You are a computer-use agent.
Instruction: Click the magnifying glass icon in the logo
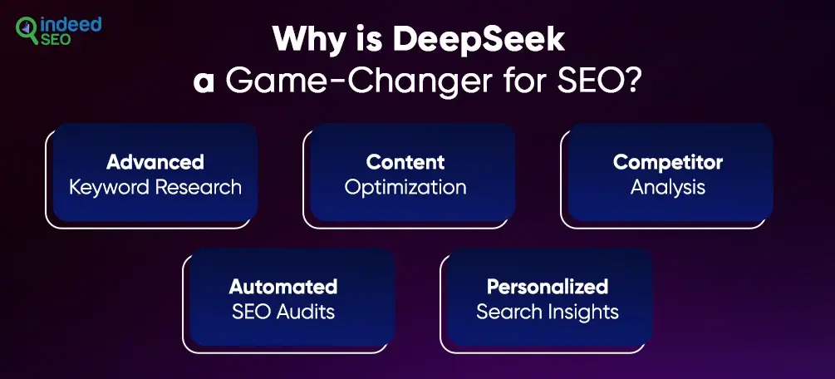(x=27, y=30)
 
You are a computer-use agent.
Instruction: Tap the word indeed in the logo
(x=70, y=26)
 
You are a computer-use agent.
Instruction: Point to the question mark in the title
(x=631, y=81)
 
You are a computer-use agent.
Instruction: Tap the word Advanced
(x=155, y=161)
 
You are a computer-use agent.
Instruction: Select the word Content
(x=405, y=161)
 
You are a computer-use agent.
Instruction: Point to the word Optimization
(x=405, y=188)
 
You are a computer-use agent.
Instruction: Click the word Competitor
(x=668, y=161)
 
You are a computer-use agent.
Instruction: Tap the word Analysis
(x=668, y=188)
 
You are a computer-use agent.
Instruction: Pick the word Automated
(x=283, y=287)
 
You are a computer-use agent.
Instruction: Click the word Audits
(x=306, y=312)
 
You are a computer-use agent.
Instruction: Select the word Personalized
(x=548, y=287)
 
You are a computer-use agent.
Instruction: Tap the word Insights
(x=588, y=313)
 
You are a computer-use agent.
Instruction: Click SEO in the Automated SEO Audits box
(x=252, y=312)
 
